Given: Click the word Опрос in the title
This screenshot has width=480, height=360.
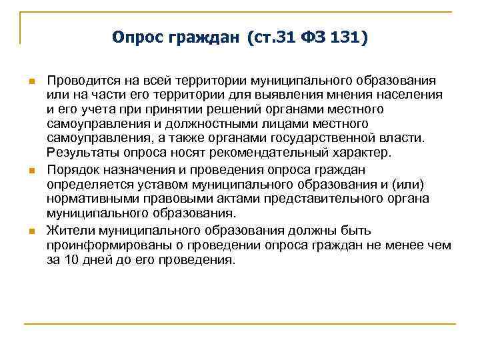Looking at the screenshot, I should click(x=138, y=38).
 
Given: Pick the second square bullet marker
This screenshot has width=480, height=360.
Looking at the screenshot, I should click(x=31, y=171).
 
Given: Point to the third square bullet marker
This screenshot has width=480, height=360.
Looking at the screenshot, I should click(x=31, y=231).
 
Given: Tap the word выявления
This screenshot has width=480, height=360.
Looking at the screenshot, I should click(x=296, y=95).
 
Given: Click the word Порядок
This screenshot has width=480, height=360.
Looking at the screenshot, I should click(x=69, y=169).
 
